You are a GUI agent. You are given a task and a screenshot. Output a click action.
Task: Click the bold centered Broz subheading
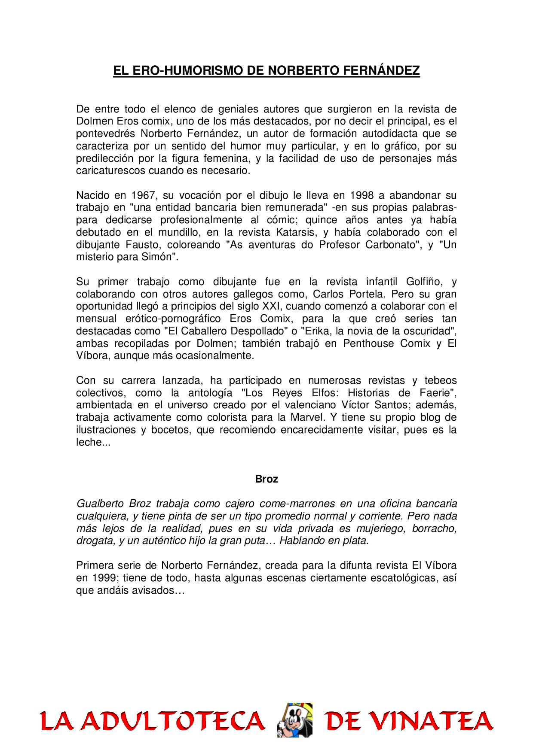pyautogui.click(x=266, y=479)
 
